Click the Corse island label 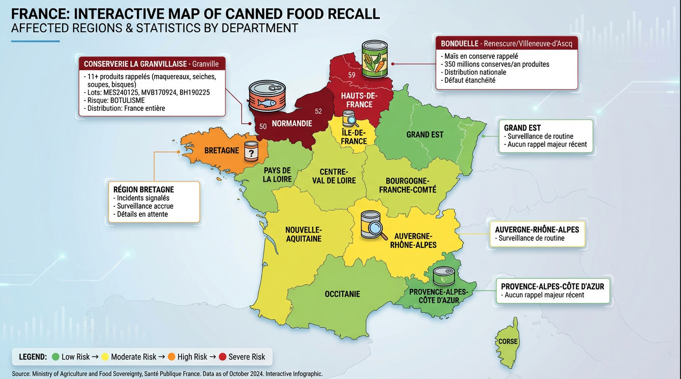[x=508, y=341]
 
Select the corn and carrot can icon [x=375, y=59]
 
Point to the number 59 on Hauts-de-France [x=352, y=75]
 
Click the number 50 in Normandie [x=263, y=127]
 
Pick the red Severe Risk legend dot [x=223, y=357]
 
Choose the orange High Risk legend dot [x=172, y=357]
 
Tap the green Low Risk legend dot [x=55, y=357]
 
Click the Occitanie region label [x=342, y=294]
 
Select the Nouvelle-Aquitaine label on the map [x=303, y=234]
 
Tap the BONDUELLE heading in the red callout [x=459, y=44]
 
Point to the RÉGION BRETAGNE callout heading [x=143, y=189]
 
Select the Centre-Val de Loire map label [x=334, y=176]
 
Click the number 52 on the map [x=318, y=111]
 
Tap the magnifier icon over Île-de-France [x=351, y=119]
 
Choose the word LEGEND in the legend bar [x=33, y=357]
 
